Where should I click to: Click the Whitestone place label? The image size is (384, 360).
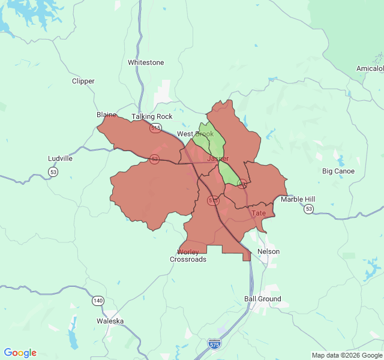pos(146,62)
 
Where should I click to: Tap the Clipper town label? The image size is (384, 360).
pos(83,81)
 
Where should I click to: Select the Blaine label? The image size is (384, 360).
pos(106,115)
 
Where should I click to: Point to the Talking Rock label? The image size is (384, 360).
pos(152,116)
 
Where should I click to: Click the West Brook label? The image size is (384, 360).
pos(195,134)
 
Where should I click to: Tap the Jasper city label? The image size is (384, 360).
pos(218,158)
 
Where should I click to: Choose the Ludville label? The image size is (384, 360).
pos(60,159)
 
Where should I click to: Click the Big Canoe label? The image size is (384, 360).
pos(338,171)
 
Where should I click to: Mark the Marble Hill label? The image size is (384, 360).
pos(298,199)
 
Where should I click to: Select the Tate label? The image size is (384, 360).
pos(259,213)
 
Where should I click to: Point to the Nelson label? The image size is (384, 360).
pos(268,251)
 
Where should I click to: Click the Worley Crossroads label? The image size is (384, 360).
pos(188,256)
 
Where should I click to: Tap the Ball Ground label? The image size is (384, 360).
pos(262,299)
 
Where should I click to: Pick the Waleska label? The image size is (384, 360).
pos(110,321)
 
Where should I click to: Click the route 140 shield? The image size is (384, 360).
pos(98,300)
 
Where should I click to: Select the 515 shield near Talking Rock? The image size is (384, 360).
pos(156,127)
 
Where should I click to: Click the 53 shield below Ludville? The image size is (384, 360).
pos(53,172)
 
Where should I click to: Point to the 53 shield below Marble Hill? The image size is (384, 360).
pos(308,209)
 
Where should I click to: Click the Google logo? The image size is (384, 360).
pos(20,353)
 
